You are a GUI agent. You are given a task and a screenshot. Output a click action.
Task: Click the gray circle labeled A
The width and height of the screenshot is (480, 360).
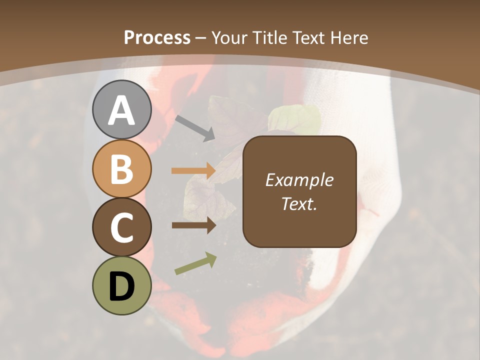pos(121,109)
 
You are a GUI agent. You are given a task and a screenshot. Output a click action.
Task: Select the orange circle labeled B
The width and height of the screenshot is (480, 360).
pos(121,168)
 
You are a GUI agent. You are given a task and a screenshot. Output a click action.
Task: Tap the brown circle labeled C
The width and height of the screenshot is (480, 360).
pos(121,227)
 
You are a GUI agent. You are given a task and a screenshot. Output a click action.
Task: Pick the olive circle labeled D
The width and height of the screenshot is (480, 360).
pos(121,285)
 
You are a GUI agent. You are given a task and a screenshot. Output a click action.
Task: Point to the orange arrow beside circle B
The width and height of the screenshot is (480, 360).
pos(193,171)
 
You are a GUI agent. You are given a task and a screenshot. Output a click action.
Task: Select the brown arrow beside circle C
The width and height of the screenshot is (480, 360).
pos(193,225)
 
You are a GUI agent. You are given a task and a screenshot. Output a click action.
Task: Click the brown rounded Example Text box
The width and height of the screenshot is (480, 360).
pos(299,191)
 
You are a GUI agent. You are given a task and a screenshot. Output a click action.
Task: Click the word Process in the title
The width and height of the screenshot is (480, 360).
pos(157,37)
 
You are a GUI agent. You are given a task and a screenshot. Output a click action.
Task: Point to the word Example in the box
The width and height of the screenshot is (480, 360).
pos(299,180)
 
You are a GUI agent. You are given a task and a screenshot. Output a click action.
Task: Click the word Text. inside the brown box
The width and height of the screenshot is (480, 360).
pos(299,203)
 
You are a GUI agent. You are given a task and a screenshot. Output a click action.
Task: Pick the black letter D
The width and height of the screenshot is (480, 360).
pos(121,286)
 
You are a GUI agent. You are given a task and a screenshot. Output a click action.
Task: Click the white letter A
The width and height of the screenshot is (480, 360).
pos(121,110)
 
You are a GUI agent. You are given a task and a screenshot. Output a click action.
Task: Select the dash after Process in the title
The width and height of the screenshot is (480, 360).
pos(200,38)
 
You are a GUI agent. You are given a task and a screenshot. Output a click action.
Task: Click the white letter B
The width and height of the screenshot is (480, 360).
pos(121,169)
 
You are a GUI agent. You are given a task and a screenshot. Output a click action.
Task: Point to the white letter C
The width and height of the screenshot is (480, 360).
pos(121,227)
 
